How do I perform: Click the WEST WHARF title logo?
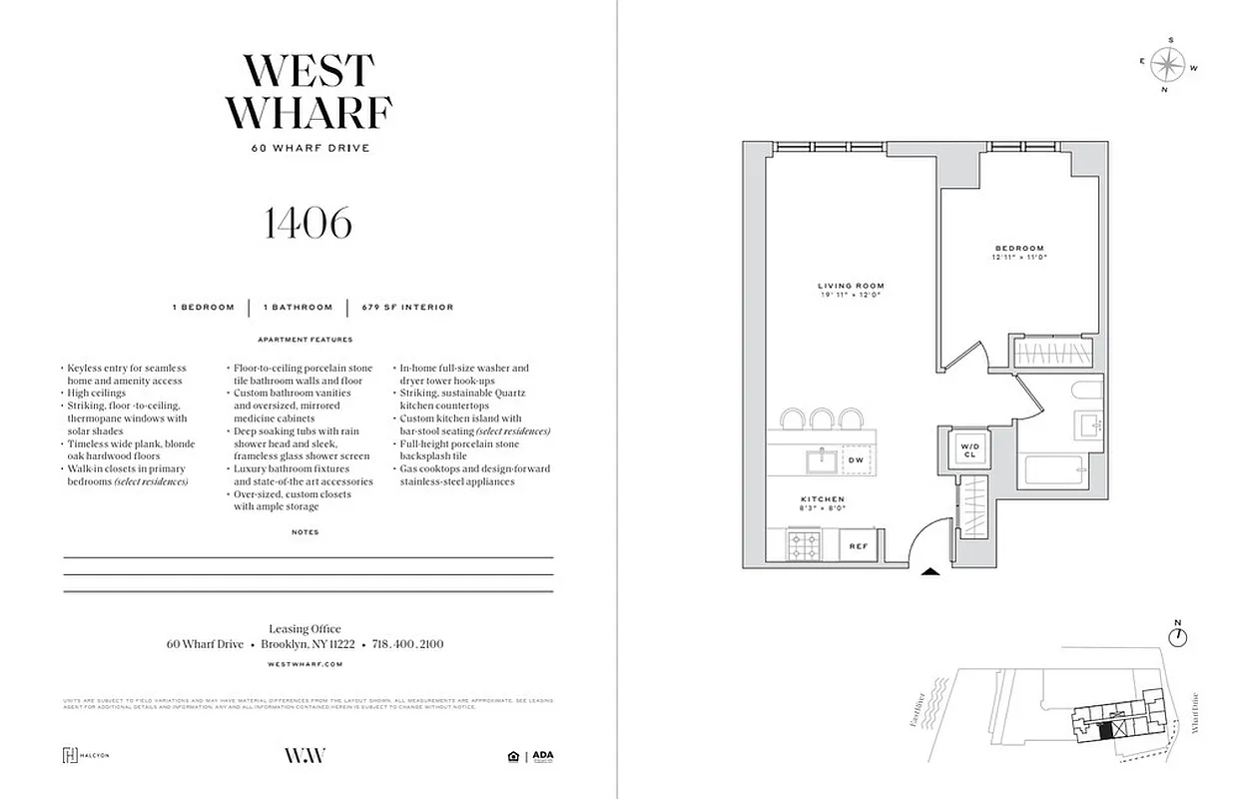308,92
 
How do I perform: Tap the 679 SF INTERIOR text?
407,308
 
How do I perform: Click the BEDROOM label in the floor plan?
1018,249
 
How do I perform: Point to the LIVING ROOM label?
851,287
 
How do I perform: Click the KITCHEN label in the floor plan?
822,499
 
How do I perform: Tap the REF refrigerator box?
858,546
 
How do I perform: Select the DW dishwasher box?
856,460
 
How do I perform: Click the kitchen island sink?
824,460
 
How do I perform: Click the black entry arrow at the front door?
929,572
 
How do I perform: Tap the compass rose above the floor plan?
1164,65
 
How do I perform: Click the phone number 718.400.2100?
407,645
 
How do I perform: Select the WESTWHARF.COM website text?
306,663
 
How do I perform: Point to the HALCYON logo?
86,755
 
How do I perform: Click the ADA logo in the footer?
542,755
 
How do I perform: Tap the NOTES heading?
306,532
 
